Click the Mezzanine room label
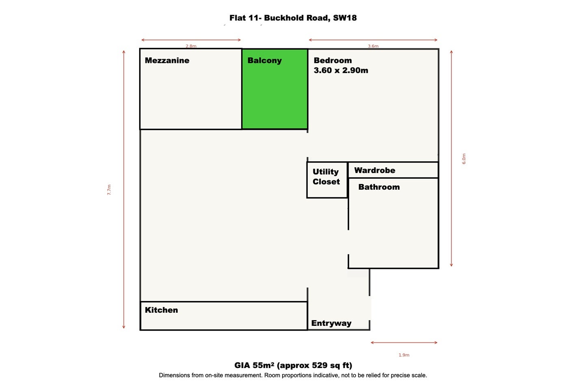click(167, 61)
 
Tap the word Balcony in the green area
click(264, 61)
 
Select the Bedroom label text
click(333, 61)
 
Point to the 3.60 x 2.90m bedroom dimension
click(341, 70)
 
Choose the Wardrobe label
click(375, 170)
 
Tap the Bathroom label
click(379, 187)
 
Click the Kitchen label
click(161, 310)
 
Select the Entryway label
click(331, 323)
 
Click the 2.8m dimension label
click(191, 46)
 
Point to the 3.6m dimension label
click(373, 46)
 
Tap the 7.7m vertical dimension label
click(109, 190)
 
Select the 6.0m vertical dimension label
click(464, 158)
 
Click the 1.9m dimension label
click(404, 355)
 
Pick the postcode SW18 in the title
click(345, 18)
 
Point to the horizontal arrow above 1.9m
click(404, 342)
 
